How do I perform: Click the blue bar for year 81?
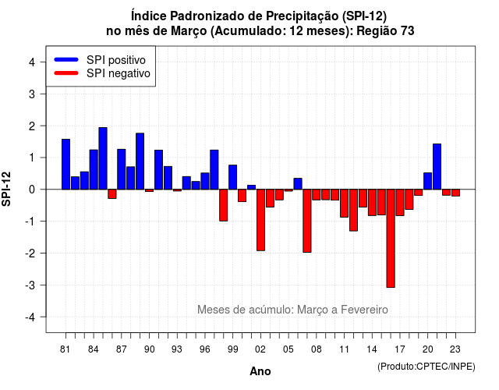65,165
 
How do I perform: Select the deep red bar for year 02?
260,220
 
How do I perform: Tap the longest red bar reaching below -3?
391,239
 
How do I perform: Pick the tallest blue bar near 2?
103,158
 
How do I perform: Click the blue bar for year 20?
428,181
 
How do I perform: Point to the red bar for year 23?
455,193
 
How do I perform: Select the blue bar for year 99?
232,177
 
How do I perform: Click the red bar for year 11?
344,203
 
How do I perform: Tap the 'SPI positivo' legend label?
116,60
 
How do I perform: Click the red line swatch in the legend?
66,73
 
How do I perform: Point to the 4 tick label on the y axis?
32,62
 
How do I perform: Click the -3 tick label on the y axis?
30,285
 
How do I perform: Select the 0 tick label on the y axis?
32,190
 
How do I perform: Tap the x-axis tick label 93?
177,349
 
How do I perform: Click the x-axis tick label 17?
400,349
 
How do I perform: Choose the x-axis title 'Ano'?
260,371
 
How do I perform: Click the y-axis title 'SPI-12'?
6,189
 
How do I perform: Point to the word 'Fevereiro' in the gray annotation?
364,310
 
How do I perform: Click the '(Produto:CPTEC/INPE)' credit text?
426,367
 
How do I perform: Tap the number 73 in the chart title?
408,31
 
